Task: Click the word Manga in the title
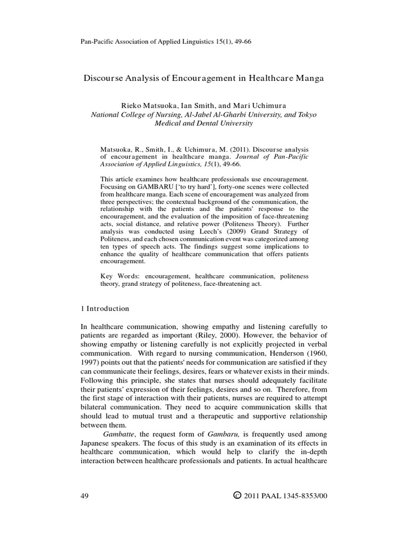[307, 78]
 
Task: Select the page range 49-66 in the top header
[241, 42]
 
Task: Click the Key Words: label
[117, 276]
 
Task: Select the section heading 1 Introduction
[104, 309]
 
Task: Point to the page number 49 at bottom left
[84, 496]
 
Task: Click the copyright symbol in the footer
[237, 496]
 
